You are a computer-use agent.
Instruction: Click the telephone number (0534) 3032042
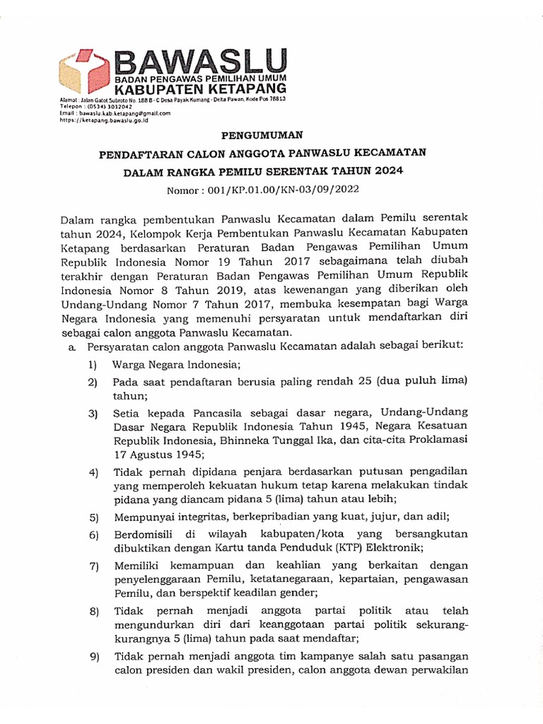(x=98, y=107)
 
